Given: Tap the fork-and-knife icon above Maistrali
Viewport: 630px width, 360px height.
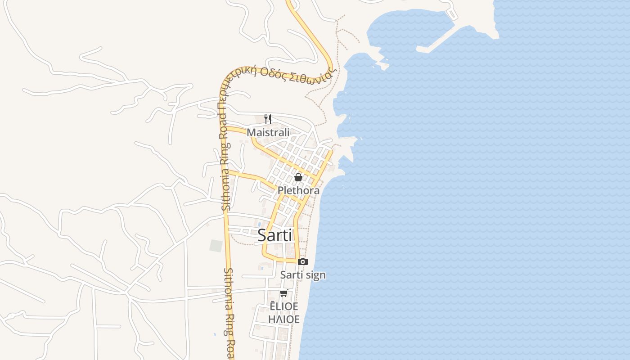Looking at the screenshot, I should coord(267,119).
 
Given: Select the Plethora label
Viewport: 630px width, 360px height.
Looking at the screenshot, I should coord(298,190).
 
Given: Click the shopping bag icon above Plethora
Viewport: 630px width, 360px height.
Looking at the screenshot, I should coord(298,177).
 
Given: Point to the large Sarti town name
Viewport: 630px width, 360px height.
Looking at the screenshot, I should coord(274,235).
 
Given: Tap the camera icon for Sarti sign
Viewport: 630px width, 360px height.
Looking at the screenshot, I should coord(303,261).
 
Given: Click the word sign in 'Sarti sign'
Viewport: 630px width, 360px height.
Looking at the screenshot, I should coord(315,275).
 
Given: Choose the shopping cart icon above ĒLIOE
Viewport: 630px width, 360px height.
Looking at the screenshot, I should coord(283,293).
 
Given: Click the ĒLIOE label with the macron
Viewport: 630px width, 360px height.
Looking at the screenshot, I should coord(283,306).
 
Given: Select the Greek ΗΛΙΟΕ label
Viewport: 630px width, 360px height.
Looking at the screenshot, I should coord(283,319).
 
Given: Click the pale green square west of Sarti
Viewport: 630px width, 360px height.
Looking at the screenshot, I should coord(216,246).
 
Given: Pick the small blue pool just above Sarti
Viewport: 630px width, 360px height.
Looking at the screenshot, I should coord(259,224).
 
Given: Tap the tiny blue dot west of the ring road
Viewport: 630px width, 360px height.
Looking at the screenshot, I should coord(215,334).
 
